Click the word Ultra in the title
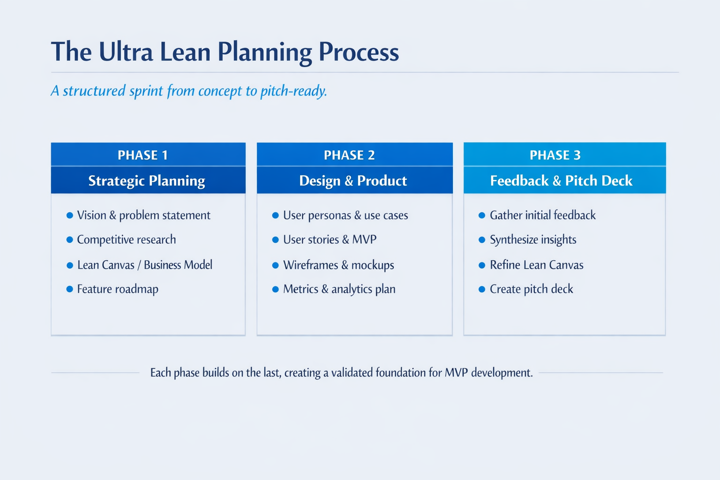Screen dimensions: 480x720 coord(126,52)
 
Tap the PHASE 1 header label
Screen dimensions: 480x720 coord(142,155)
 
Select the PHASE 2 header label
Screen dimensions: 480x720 coord(349,155)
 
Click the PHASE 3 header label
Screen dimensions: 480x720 coord(555,155)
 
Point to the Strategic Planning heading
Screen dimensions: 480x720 coord(147,181)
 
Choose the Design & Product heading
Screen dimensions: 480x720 coord(353,181)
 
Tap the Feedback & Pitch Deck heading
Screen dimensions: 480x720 coord(561,181)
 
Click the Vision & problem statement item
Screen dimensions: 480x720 coord(143,215)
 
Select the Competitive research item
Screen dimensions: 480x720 coord(126,240)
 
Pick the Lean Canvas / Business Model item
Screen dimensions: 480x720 coord(144,265)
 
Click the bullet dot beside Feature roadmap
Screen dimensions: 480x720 coord(69,289)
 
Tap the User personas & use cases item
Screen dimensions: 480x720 coord(345,215)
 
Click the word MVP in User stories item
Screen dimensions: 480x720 coord(364,240)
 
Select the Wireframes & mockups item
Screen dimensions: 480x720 coord(338,265)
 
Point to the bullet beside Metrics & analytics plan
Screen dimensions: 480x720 coord(276,289)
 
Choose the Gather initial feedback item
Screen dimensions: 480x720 coord(542,215)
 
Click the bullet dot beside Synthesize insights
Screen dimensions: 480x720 coord(481,240)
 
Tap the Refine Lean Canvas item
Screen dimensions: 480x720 coord(536,265)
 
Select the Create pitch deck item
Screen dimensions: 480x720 coord(531,289)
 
